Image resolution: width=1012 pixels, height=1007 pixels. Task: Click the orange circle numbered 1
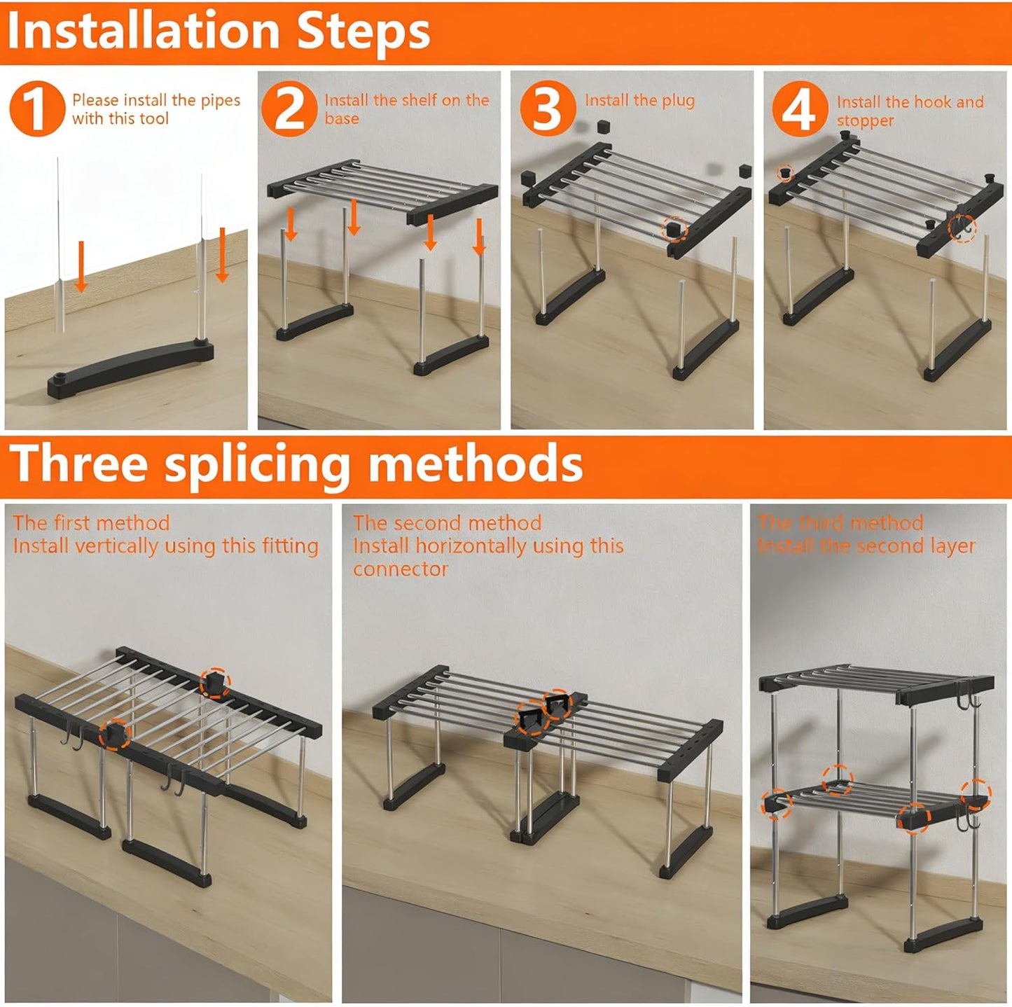[36, 109]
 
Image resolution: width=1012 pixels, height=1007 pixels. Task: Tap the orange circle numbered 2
[289, 109]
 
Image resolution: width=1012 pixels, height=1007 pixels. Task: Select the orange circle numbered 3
[548, 109]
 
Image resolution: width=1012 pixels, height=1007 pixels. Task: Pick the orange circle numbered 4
[800, 109]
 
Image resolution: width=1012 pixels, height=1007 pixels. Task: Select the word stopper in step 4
[865, 121]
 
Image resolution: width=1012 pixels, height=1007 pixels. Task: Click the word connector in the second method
[401, 569]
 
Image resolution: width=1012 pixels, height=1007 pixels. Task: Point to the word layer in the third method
[952, 547]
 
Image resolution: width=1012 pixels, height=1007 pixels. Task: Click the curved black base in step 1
[130, 367]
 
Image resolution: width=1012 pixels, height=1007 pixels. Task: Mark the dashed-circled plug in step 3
[674, 230]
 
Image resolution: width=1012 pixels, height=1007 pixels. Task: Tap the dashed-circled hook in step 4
[962, 230]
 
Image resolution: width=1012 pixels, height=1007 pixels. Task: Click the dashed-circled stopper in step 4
[784, 172]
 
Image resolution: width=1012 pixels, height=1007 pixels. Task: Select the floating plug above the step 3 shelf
[604, 127]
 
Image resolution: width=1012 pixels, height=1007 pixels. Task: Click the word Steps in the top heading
[363, 34]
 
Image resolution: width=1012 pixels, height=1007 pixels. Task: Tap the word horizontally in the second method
[490, 547]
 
